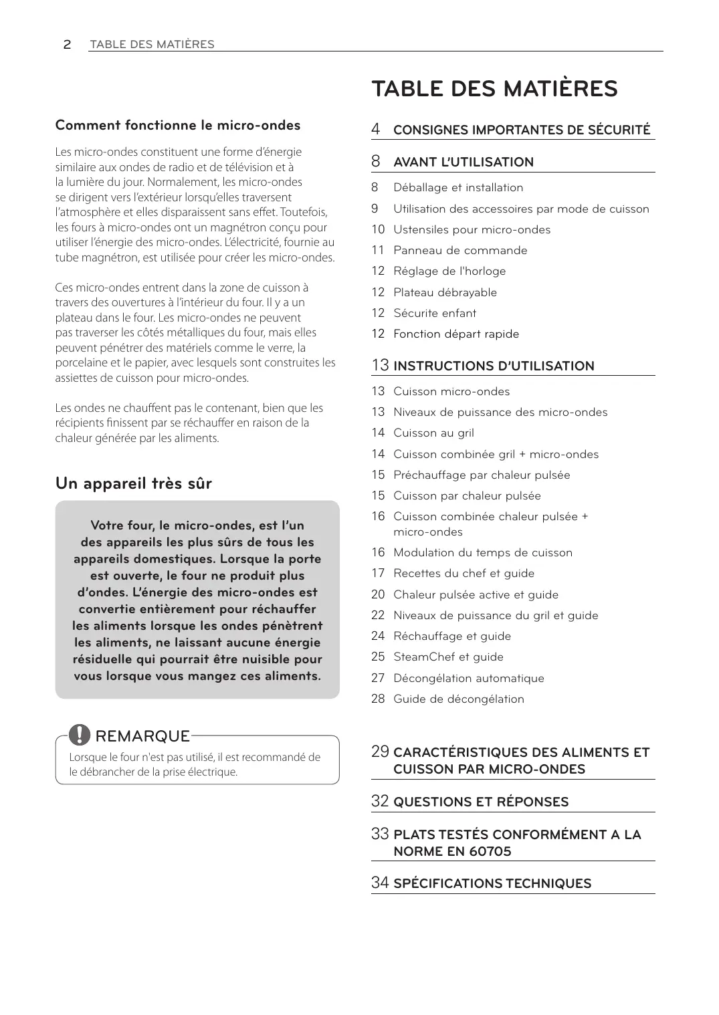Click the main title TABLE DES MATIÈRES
pos(494,89)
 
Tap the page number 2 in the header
pos(67,45)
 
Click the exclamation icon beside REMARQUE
pos(80,735)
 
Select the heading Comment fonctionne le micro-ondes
pos(178,125)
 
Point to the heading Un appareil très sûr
pos(134,483)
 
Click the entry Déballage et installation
pos(458,188)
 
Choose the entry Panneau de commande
pos(460,250)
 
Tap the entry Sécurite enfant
pos(435,313)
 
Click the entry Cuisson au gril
pos(433,433)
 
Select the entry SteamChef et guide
pos(448,657)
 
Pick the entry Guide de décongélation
pos(459,699)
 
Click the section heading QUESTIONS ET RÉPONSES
pos(481,802)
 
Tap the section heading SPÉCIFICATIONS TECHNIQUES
pos(492,883)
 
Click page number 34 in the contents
pos(380,883)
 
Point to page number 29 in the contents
pos(380,752)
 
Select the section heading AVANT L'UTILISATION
pos(464,162)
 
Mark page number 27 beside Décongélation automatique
pos(378,678)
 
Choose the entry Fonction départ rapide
pos(456,334)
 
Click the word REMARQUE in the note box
pos(142,736)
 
